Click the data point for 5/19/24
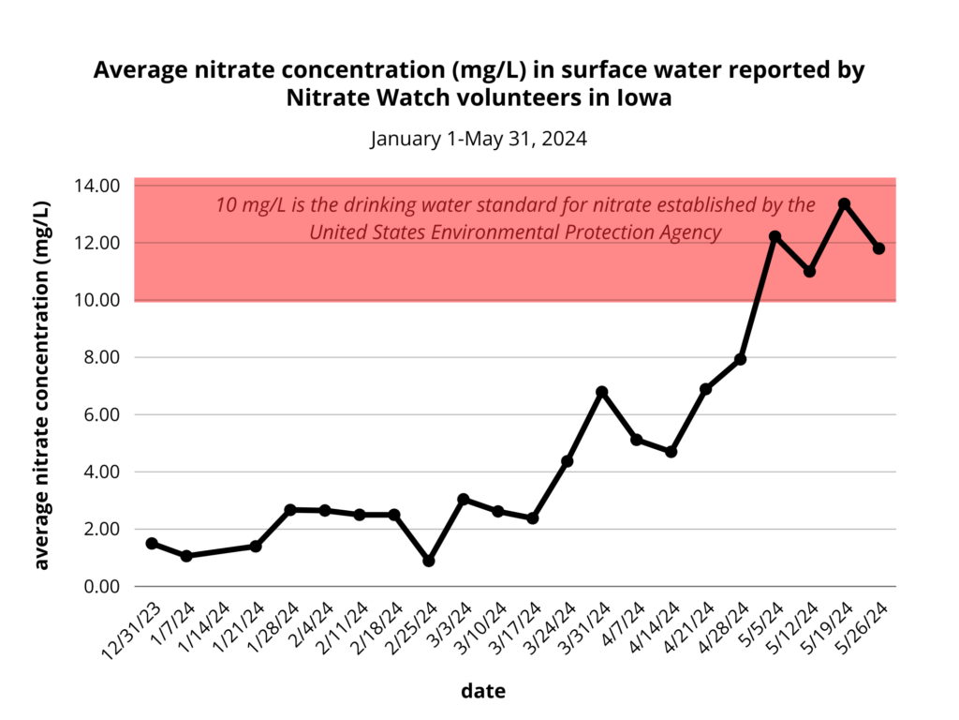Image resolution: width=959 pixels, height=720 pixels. pos(844,203)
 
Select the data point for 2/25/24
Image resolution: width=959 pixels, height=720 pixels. pos(429,561)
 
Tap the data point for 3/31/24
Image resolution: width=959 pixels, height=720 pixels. pos(602,392)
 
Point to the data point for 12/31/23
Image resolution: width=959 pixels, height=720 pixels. pos(152,544)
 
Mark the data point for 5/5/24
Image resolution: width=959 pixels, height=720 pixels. pos(775,236)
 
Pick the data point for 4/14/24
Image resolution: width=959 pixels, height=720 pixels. pos(671,452)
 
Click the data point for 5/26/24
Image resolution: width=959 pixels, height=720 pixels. pos(878,248)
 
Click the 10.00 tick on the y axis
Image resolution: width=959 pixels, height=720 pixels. pos(96,300)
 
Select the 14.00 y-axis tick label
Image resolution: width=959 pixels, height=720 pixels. pos(96,186)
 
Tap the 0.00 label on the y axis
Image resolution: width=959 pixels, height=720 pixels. pos(99,587)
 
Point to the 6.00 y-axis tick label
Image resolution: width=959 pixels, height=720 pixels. pos(99,414)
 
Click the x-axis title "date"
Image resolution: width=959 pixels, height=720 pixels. pos(483,692)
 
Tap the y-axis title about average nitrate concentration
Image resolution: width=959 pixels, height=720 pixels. pos(42,385)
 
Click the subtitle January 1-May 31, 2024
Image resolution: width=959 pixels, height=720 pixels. pos(479,140)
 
